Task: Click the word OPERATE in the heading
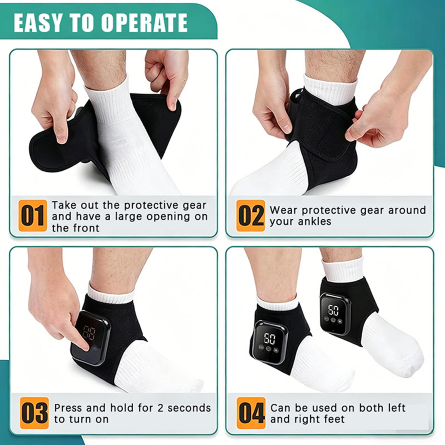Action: (144, 23)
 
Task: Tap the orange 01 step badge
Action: (33, 216)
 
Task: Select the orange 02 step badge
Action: (250, 216)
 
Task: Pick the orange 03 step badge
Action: (34, 413)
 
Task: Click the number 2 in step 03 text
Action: (160, 408)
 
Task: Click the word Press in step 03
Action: (68, 408)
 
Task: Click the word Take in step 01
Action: (65, 205)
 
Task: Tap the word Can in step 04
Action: (280, 408)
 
